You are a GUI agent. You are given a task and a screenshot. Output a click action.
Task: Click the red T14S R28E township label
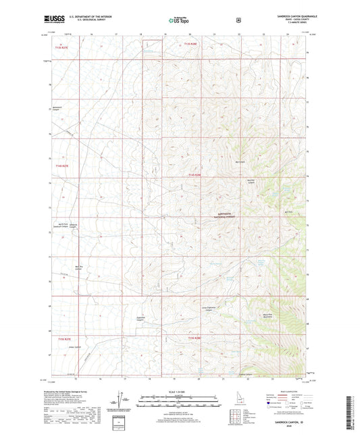pyautogui.click(x=195, y=175)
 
